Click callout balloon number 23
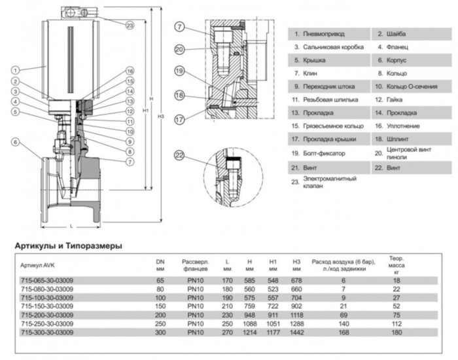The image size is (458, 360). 130,25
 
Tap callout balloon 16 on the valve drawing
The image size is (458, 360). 130,71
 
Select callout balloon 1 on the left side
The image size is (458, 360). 15,70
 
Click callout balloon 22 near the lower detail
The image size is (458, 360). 179,154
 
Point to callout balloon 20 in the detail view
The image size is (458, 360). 179,48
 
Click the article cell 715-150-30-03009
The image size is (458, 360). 47,306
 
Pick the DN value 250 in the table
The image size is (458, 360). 160,323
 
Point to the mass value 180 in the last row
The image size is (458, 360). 396,333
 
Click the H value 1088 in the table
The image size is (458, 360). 249,323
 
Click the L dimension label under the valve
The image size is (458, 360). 71,226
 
